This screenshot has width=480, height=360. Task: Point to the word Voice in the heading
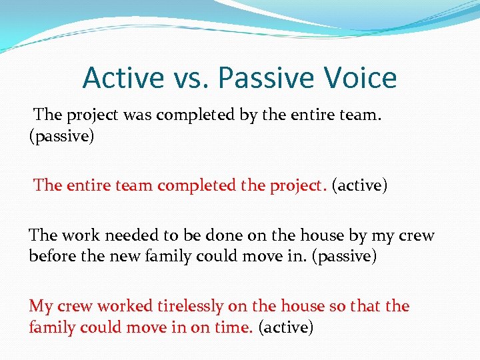361,78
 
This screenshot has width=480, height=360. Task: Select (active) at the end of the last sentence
285,327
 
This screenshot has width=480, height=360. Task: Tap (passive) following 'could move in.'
344,256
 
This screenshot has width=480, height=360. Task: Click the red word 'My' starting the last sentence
40,307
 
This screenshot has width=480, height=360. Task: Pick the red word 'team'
133,185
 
